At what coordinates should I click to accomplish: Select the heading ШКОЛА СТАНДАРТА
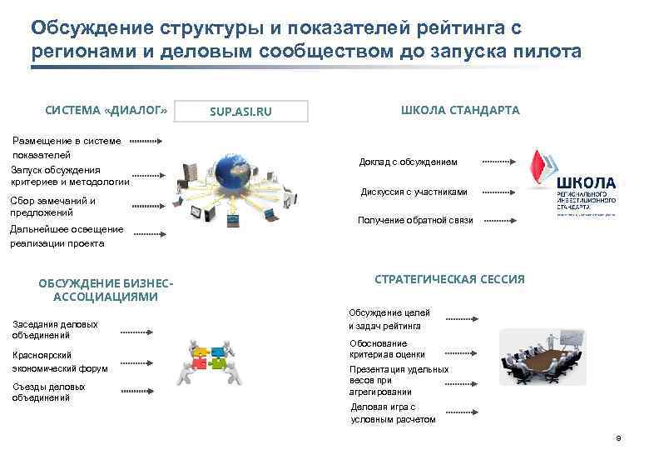460,110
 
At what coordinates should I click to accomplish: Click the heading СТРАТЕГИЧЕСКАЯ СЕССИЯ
450,279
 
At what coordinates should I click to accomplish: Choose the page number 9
617,438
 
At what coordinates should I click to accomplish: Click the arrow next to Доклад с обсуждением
499,162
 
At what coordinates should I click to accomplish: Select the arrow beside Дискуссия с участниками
499,192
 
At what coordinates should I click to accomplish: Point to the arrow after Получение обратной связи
499,221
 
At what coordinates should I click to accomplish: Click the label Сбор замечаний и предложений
53,206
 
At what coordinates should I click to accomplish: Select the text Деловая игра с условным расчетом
393,413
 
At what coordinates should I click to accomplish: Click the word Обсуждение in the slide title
87,28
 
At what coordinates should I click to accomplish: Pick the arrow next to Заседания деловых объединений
142,331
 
